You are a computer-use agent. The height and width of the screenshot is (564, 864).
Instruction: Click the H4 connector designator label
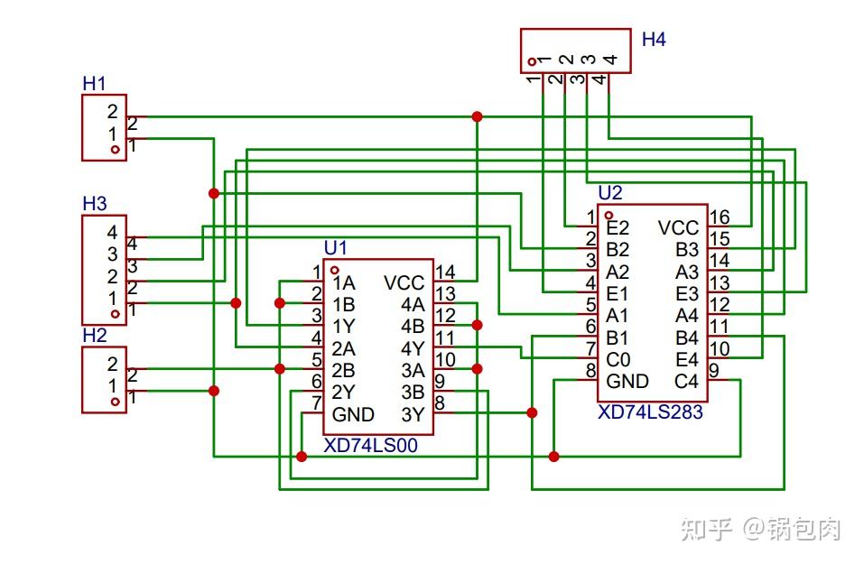coord(654,40)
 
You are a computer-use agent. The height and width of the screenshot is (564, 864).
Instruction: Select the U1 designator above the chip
coord(335,247)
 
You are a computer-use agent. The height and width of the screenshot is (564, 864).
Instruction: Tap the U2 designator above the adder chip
coord(610,193)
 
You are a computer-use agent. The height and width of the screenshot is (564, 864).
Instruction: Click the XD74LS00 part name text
coord(370,446)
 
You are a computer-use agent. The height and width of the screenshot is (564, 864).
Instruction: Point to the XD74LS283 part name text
coord(650,412)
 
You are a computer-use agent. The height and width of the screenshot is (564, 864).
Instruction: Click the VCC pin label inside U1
coord(404,282)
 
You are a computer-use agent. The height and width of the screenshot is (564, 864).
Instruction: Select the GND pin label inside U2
coord(627,381)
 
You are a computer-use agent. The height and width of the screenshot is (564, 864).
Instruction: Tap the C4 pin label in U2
coord(686,381)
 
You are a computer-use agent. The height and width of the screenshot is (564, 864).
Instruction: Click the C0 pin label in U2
coord(618,359)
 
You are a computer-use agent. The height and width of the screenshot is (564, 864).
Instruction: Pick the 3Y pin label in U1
coord(412,415)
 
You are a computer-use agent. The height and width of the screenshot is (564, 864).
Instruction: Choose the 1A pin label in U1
coord(344,282)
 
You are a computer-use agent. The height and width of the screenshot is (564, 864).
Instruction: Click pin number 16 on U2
coord(719,217)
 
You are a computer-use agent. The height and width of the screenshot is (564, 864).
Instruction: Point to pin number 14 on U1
coord(445,273)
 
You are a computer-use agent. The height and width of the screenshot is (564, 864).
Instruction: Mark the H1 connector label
coord(94,83)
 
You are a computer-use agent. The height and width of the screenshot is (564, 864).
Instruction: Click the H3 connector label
coord(94,203)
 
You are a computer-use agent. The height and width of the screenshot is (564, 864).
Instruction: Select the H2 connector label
coord(94,335)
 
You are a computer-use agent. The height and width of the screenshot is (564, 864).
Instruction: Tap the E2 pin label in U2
coord(618,227)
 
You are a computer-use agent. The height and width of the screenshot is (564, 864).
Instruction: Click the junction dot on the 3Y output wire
coord(532,412)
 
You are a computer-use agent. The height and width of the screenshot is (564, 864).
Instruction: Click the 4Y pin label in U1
coord(412,348)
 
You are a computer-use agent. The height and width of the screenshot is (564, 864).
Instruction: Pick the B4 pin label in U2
coord(687,337)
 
